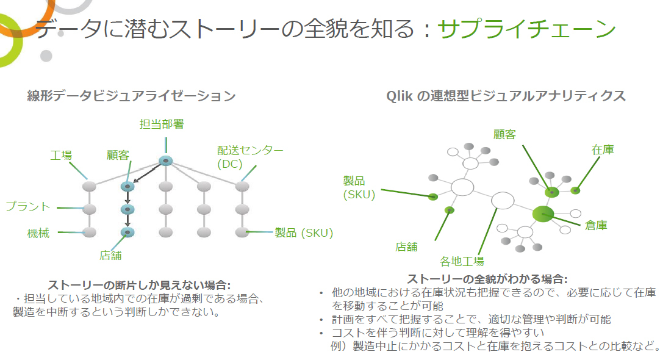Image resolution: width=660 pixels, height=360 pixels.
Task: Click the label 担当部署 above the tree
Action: (162, 124)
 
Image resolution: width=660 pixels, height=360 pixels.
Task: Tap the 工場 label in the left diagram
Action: (61, 156)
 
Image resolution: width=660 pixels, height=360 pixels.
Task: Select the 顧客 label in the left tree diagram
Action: (118, 156)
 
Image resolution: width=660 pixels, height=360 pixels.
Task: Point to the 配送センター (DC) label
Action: (250, 157)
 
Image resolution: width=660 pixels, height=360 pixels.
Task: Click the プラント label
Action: (28, 206)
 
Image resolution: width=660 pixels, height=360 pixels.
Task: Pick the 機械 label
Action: (38, 233)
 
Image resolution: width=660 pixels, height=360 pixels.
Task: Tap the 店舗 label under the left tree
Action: (110, 255)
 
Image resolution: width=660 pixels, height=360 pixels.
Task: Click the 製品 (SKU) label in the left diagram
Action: (304, 233)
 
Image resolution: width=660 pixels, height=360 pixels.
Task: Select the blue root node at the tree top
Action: (166, 160)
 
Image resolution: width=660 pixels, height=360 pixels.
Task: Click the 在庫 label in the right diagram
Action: (603, 149)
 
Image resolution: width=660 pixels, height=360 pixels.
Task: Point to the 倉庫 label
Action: (596, 225)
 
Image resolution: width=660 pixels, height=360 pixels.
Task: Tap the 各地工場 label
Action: (462, 262)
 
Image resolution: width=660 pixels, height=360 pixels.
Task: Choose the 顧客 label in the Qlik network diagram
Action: (504, 134)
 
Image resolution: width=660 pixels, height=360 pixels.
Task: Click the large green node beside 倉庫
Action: (543, 214)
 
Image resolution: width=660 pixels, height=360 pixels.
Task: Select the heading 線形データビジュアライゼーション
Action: (131, 96)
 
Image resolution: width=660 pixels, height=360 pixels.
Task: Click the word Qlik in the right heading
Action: (400, 96)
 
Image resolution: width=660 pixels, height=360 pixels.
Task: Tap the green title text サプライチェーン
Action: (526, 29)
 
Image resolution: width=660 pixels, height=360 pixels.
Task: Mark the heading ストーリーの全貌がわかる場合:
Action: (487, 279)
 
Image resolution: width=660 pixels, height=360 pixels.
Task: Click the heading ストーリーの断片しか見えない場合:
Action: (139, 285)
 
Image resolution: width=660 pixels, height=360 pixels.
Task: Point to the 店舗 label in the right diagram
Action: (407, 247)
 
